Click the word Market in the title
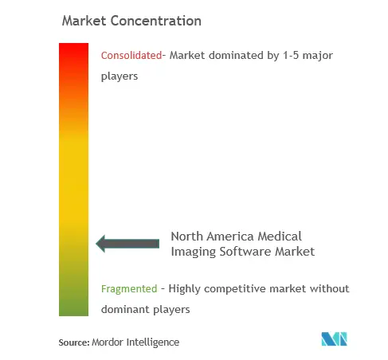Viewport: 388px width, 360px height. click(84, 21)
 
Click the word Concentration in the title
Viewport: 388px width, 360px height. click(156, 21)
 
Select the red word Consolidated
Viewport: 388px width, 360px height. click(131, 56)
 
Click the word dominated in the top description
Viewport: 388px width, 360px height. click(236, 56)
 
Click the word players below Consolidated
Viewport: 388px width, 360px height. click(120, 76)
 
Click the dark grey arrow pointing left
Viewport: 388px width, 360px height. click(127, 244)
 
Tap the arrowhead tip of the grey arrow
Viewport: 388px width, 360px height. click(96, 244)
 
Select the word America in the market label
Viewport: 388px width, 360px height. click(232, 237)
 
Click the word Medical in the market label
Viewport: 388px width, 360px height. click(280, 237)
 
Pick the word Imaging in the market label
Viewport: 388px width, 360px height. click(194, 252)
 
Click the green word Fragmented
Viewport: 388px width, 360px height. click(129, 289)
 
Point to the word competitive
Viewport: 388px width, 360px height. click(235, 289)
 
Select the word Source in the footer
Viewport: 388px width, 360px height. click(74, 342)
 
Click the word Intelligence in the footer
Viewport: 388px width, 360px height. click(153, 342)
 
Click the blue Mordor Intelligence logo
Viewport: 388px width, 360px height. click(334, 338)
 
